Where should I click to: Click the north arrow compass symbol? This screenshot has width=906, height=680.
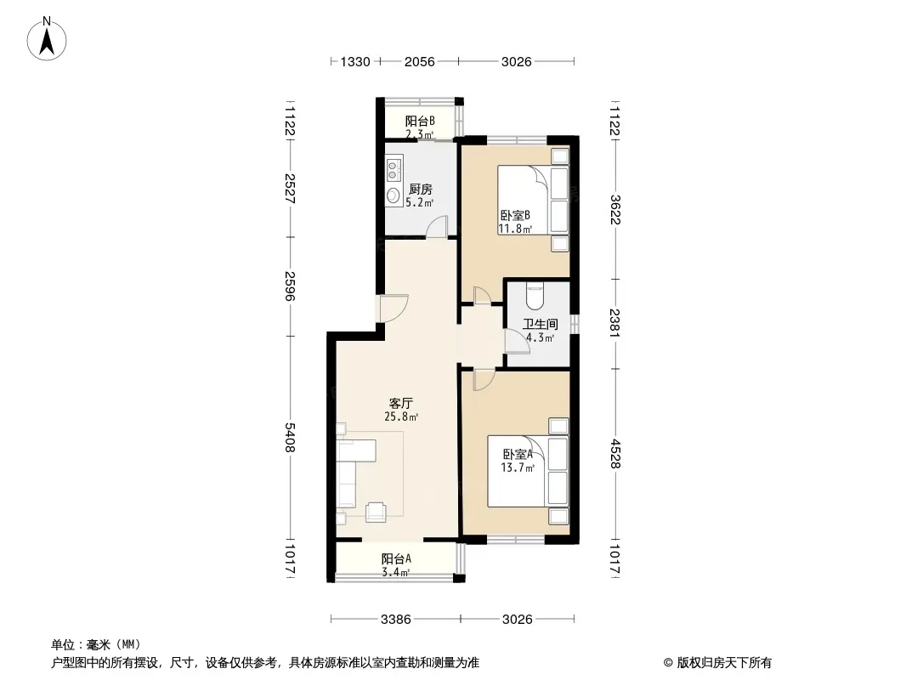point(47,38)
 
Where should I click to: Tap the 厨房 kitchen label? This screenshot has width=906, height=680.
point(420,189)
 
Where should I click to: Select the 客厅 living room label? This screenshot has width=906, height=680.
point(401,403)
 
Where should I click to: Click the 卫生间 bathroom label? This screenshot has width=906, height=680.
point(541,324)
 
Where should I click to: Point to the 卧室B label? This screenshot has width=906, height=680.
point(515,216)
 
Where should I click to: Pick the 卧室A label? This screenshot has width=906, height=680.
point(517,454)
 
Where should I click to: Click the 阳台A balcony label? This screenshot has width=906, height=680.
point(396,558)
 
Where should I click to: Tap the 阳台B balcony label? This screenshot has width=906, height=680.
point(420,122)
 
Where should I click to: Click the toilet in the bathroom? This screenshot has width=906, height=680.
point(534,295)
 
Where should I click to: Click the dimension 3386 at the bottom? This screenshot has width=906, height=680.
point(396,620)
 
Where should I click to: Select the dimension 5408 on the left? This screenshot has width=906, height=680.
point(290,438)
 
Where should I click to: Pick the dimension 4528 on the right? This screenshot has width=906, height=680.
point(615,454)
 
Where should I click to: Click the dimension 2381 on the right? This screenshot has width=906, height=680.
point(615,324)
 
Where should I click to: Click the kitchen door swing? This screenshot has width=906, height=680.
point(438,226)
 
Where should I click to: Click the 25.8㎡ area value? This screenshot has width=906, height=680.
point(401,416)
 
